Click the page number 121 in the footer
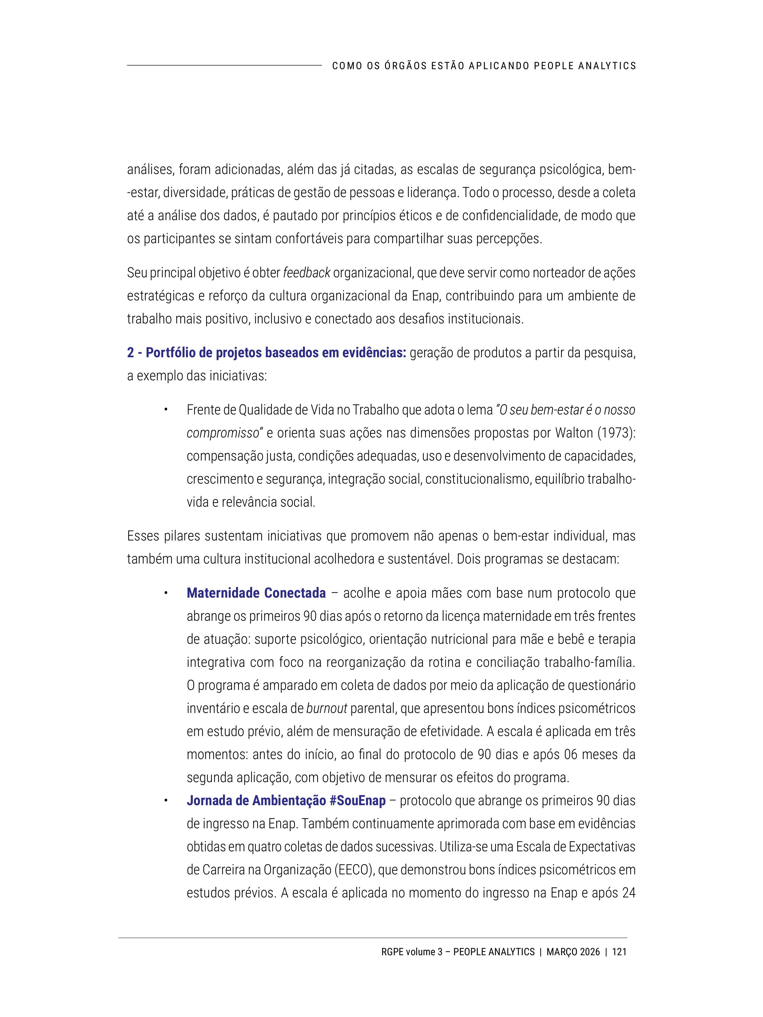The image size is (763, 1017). point(619,952)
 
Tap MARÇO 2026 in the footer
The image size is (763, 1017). point(573,952)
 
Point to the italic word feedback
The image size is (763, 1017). point(306,273)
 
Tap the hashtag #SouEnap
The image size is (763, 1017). point(357,801)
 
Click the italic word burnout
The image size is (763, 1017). point(327,709)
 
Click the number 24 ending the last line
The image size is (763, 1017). point(628,893)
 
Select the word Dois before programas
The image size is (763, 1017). point(470,559)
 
